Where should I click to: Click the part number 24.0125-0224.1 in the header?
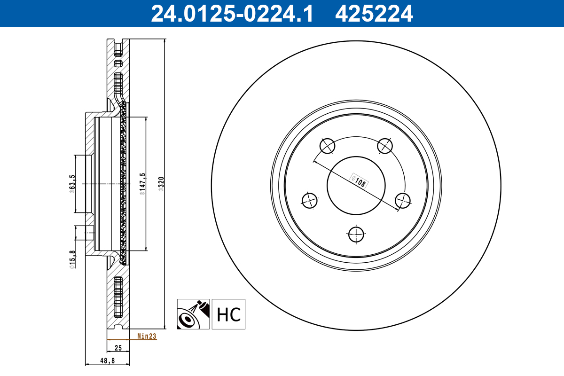click(x=231, y=13)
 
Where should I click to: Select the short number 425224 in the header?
click(x=374, y=13)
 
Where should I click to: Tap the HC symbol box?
click(x=228, y=314)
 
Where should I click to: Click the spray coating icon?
click(x=193, y=314)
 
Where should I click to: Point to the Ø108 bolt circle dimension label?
click(x=359, y=181)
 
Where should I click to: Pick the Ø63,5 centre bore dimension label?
click(x=72, y=183)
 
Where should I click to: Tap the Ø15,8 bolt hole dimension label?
click(x=72, y=259)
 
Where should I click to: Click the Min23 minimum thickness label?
click(x=147, y=336)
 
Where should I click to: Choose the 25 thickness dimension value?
click(x=118, y=348)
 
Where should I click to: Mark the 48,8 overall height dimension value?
click(x=108, y=360)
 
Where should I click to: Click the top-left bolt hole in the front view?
click(x=328, y=146)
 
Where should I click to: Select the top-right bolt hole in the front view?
click(x=385, y=146)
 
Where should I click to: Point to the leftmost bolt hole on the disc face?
click(x=310, y=200)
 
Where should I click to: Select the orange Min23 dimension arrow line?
click(x=118, y=339)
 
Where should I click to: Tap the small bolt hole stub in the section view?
click(x=90, y=231)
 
